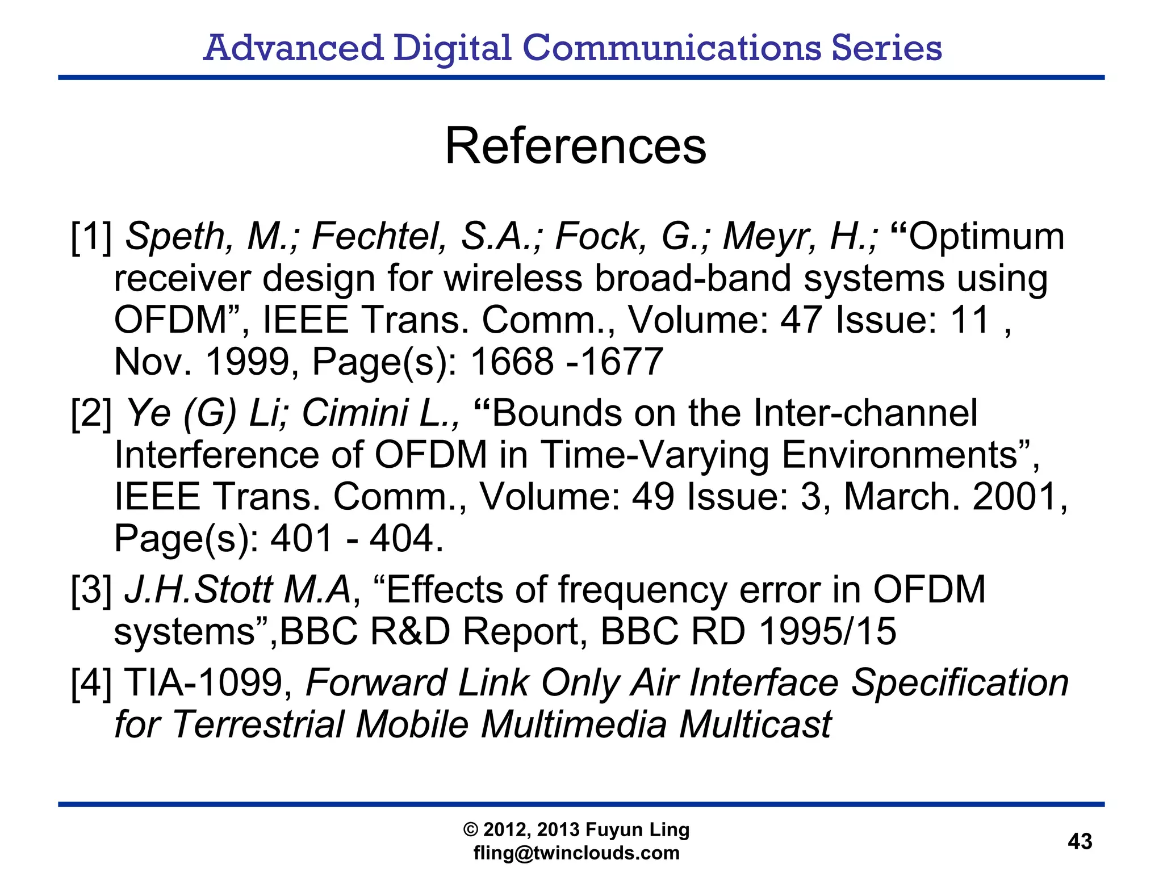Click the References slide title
pos(575,146)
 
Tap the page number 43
pos(1080,841)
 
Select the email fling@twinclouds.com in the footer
pos(576,853)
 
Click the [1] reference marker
pos(91,237)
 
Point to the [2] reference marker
pos(91,413)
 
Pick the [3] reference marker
pos(91,590)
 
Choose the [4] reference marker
pos(91,682)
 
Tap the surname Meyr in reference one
pos(770,237)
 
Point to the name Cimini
pos(354,413)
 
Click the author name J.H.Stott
pos(199,590)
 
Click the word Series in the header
pos(886,48)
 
